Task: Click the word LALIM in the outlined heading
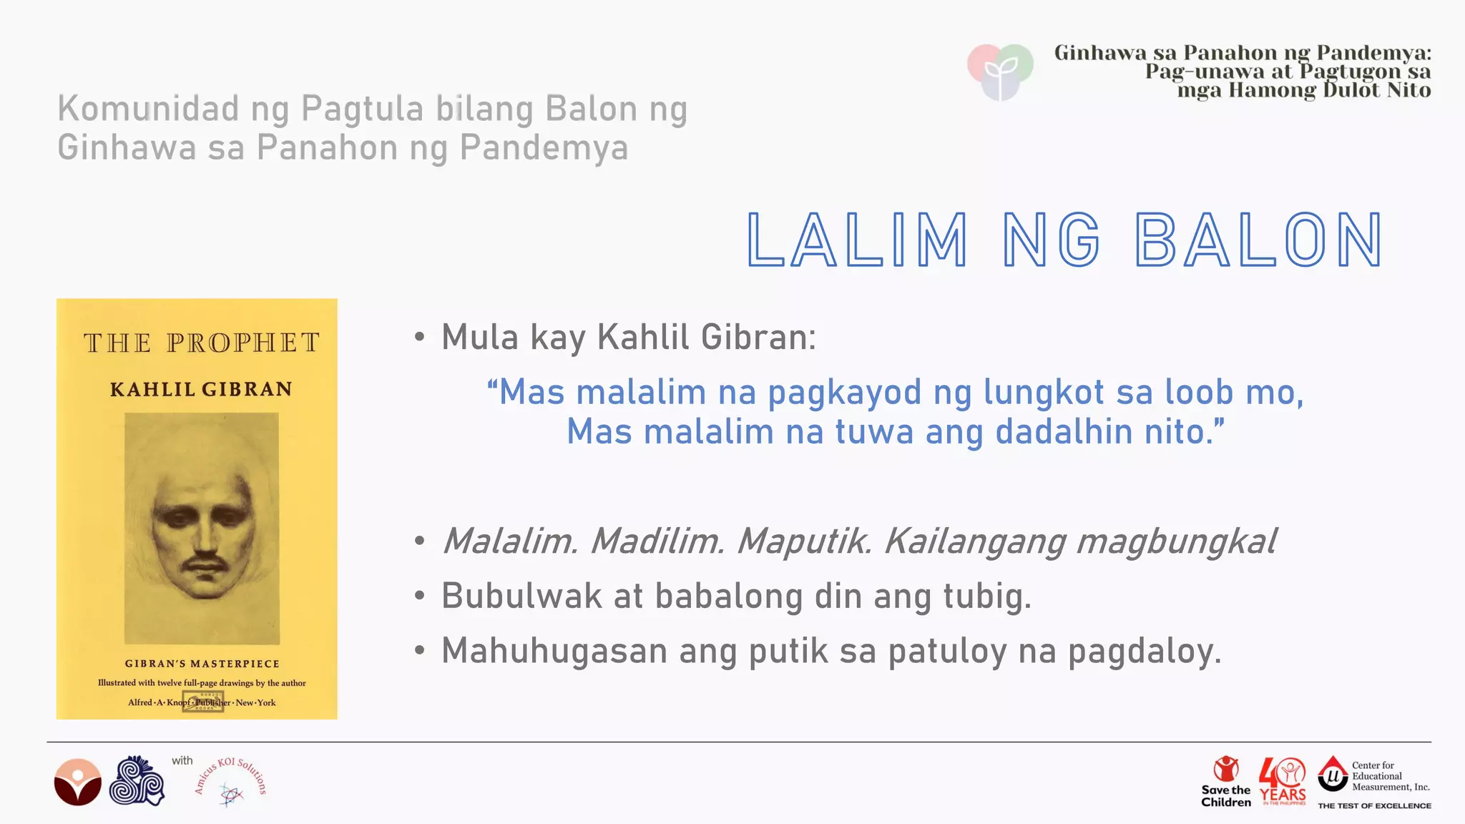point(857,240)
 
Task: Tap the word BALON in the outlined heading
point(1259,240)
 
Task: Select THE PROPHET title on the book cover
point(201,343)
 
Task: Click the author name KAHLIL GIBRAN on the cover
point(201,389)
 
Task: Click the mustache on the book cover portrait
point(205,564)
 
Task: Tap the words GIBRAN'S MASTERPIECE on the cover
point(202,664)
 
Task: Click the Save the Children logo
point(1226,781)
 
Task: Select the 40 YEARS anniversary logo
point(1283,781)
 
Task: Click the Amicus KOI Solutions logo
point(231,783)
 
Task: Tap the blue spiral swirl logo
point(137,781)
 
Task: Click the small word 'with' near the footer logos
point(182,760)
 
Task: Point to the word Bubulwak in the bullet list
point(521,596)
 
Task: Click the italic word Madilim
point(657,541)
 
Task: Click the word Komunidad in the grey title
point(148,109)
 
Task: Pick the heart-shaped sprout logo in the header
point(1000,71)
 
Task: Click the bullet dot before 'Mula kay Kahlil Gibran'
point(420,337)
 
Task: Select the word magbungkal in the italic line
point(1175,541)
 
